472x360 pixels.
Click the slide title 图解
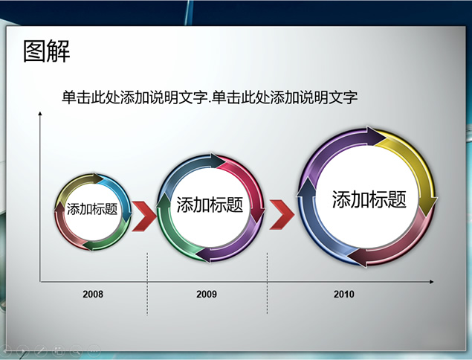[47, 51]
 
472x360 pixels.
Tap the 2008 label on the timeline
[93, 294]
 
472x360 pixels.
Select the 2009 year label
[207, 294]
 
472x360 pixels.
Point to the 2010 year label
[343, 294]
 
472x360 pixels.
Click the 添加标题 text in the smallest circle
[92, 209]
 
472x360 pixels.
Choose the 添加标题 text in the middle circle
[210, 205]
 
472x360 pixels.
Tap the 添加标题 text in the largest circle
[369, 199]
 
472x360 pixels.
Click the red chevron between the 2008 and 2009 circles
[144, 216]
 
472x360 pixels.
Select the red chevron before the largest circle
[282, 214]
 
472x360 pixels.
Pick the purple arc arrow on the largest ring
[331, 147]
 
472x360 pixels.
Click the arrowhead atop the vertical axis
[39, 113]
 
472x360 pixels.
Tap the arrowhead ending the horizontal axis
[432, 282]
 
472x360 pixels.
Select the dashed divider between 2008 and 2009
[147, 284]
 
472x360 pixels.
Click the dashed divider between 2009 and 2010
[267, 283]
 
